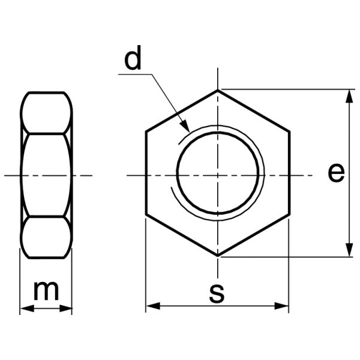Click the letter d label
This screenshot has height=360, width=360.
133,59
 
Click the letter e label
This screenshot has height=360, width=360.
337,173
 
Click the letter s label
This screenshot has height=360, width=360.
217,293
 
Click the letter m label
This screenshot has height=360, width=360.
46,291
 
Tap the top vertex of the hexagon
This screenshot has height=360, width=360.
218,90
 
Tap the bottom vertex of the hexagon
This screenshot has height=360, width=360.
218,256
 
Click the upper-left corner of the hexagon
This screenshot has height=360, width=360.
146,131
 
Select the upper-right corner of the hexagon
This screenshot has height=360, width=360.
289,131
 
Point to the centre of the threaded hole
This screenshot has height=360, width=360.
218,175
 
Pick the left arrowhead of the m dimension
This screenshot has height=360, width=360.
25,309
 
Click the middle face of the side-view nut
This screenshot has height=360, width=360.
46,175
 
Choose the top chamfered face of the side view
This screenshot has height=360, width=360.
46,112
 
